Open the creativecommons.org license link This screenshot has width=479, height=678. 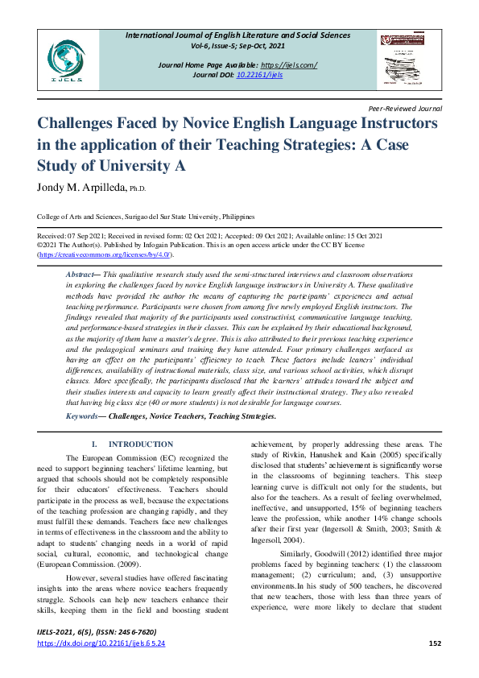coord(105,254)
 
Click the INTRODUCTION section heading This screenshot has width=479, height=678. coord(141,444)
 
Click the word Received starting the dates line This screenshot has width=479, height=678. coord(52,235)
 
